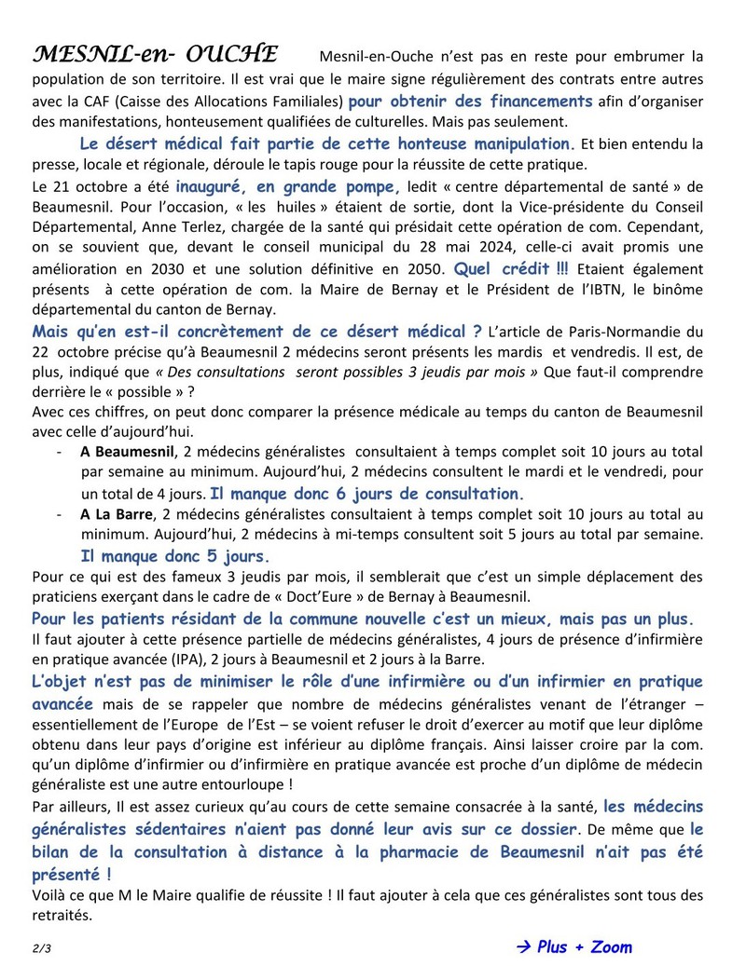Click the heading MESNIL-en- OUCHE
(155, 53)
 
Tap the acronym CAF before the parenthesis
(89, 101)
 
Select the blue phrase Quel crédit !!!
(511, 268)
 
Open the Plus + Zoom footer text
(585, 947)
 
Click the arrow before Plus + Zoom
(524, 947)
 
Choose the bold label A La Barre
(117, 514)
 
